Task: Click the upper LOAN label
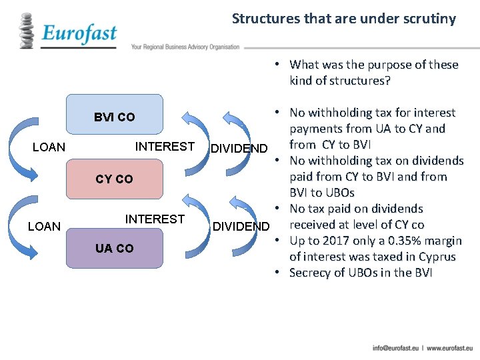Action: coord(49,147)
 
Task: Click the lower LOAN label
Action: coord(45,227)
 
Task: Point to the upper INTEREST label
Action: coord(165,146)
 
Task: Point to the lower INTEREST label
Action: coord(155,219)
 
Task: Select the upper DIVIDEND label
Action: coord(239,148)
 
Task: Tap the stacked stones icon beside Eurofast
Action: coord(27,31)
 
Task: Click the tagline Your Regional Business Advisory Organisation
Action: coord(185,47)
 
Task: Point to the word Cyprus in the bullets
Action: coord(437,257)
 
